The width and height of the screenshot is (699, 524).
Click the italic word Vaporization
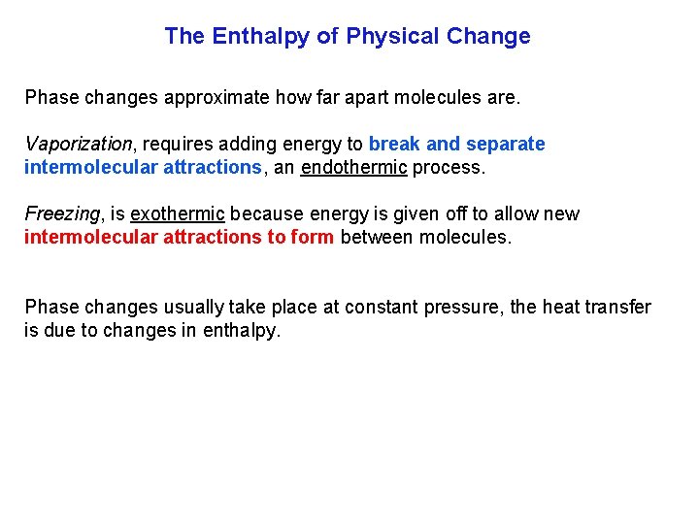[78, 144]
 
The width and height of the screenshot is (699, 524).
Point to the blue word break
[395, 144]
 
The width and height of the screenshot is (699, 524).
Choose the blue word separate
[506, 144]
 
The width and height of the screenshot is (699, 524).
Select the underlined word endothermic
[353, 167]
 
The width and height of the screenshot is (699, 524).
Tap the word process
[448, 167]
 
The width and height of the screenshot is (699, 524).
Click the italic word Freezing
[61, 213]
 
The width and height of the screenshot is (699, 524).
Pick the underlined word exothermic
[177, 213]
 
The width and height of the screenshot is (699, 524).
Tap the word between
[378, 237]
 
